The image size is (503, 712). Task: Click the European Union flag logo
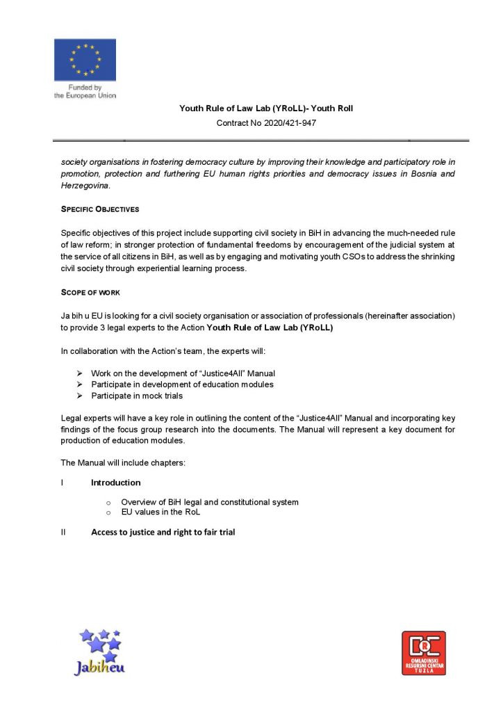click(85, 60)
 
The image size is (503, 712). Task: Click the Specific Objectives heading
click(100, 209)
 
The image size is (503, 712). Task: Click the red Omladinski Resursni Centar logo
click(423, 653)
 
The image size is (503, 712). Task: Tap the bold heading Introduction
click(115, 483)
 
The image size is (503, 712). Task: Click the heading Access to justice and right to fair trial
click(163, 533)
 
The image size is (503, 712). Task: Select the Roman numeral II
click(63, 533)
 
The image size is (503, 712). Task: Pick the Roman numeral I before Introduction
click(63, 483)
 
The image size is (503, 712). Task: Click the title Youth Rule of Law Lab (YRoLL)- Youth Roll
click(266, 108)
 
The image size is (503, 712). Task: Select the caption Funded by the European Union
click(85, 92)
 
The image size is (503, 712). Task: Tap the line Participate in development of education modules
click(182, 385)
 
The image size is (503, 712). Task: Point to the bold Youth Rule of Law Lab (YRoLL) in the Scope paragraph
click(270, 327)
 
